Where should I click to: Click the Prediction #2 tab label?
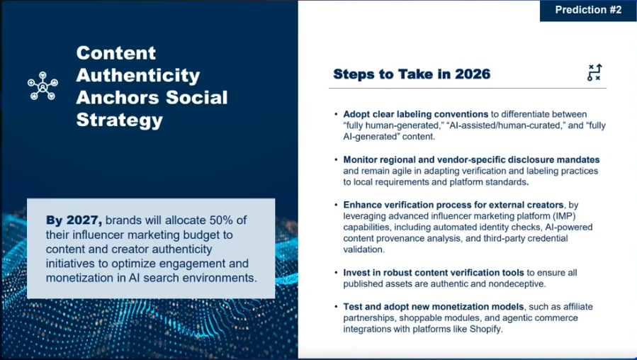(x=588, y=10)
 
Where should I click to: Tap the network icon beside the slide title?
(x=43, y=86)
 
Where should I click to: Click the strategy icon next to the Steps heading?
(x=594, y=73)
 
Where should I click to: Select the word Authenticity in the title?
(x=138, y=74)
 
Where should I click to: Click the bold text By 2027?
(x=69, y=220)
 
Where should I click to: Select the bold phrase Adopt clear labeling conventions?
(x=415, y=114)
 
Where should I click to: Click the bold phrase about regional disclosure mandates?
(x=471, y=159)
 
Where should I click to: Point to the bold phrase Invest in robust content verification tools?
(x=434, y=272)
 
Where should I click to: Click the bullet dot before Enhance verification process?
(x=336, y=205)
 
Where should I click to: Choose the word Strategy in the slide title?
(x=119, y=120)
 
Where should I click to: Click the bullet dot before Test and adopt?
(x=336, y=307)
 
